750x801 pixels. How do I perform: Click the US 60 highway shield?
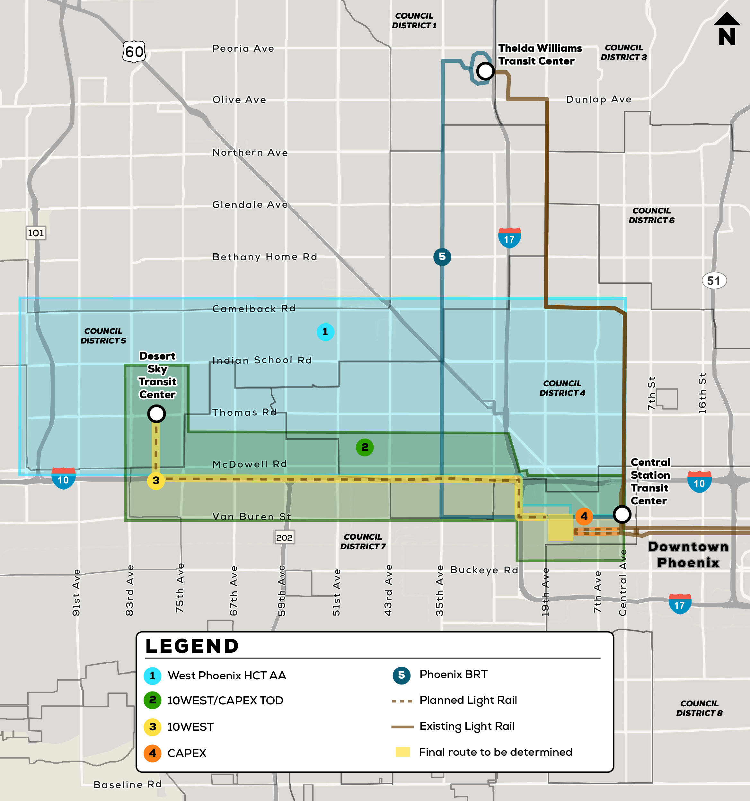point(134,52)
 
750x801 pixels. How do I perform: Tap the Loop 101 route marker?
point(36,233)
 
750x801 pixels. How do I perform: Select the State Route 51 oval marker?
point(714,281)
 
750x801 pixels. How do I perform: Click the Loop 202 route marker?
point(284,537)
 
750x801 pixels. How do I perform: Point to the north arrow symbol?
point(727,29)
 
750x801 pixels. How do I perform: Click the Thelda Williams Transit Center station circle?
point(485,71)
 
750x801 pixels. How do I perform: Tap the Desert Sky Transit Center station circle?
point(156,414)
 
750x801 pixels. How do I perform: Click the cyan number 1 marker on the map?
point(325,332)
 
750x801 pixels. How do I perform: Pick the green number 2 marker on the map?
point(365,447)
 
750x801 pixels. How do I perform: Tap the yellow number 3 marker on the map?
point(156,480)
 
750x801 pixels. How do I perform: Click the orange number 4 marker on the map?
point(584,516)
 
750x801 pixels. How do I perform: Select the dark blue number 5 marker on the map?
point(442,257)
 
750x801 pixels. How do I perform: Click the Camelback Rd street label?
point(254,309)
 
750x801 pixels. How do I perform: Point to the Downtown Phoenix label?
point(688,554)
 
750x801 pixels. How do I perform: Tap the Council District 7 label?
point(363,542)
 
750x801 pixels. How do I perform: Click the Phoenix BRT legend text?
point(454,674)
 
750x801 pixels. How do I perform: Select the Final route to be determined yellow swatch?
point(402,752)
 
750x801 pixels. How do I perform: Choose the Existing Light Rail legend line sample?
point(402,727)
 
